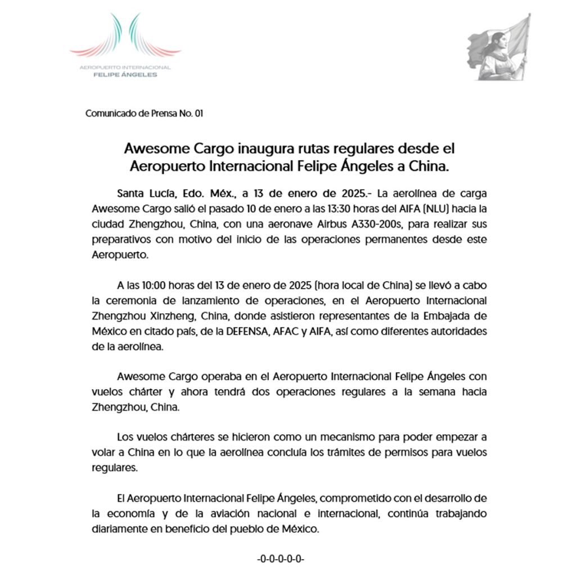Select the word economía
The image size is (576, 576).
coord(129,514)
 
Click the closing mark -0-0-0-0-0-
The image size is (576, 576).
coord(281,559)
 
